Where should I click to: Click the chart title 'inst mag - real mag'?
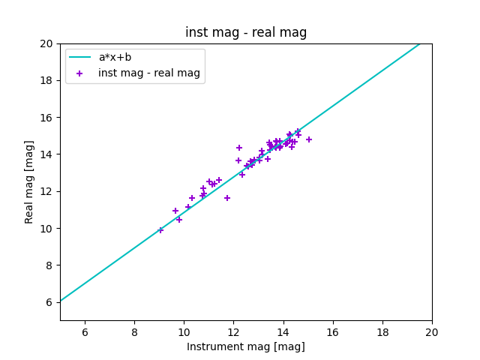pyautogui.click(x=246, y=32)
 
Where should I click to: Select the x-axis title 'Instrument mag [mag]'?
pyautogui.click(x=246, y=346)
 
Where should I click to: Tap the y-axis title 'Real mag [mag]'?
pyautogui.click(x=29, y=182)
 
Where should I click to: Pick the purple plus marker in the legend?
pyautogui.click(x=79, y=73)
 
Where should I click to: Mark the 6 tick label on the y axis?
pyautogui.click(x=49, y=302)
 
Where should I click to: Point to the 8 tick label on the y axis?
pyautogui.click(x=49, y=265)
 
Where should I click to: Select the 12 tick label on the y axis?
pyautogui.click(x=46, y=191)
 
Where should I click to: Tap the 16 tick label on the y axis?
pyautogui.click(x=46, y=118)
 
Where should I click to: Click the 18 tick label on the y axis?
pyautogui.click(x=46, y=80)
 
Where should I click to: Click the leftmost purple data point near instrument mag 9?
pyautogui.click(x=160, y=230)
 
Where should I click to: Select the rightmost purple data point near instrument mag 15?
pyautogui.click(x=309, y=139)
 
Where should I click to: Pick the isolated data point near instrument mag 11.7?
pyautogui.click(x=227, y=198)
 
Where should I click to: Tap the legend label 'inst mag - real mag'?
pyautogui.click(x=149, y=73)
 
